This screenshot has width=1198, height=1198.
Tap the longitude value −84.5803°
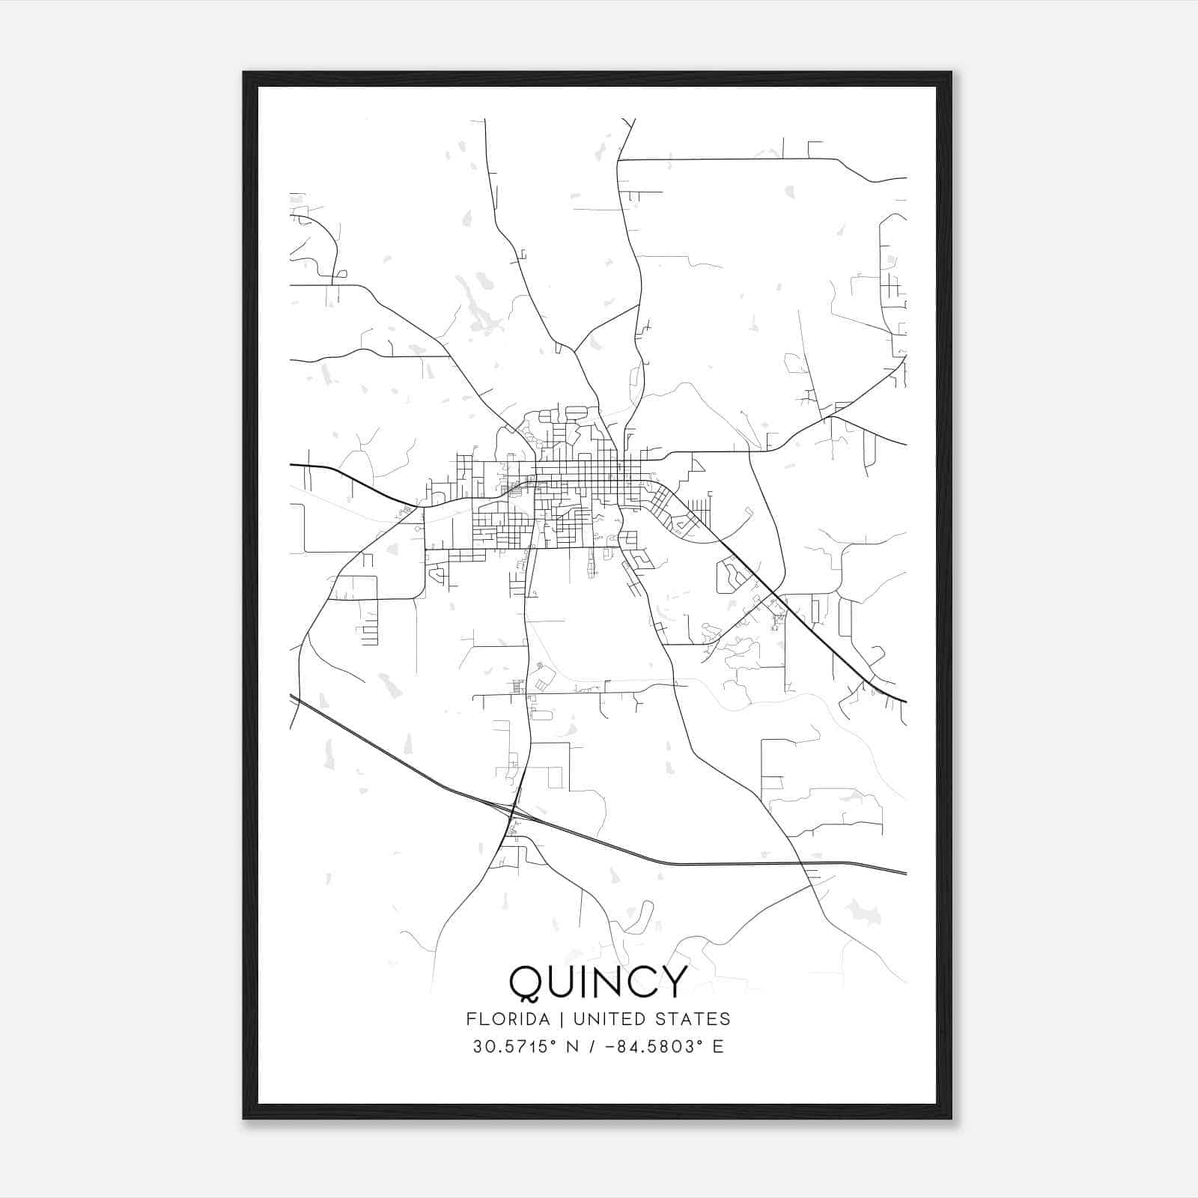click(651, 1047)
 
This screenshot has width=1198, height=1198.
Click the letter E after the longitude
click(719, 1047)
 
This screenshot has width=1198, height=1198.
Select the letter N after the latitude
click(573, 1047)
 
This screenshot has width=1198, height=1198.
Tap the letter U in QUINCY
click(560, 982)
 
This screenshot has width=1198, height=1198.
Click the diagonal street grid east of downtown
click(674, 513)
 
